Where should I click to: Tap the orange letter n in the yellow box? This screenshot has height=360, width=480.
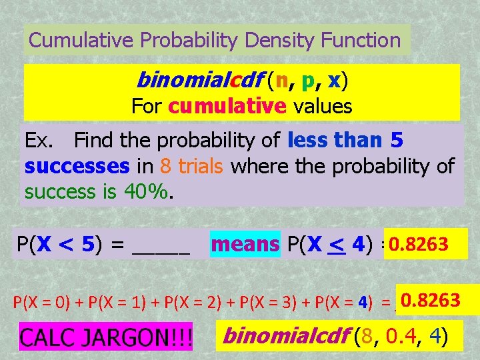283,81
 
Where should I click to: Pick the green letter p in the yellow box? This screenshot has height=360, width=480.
308,82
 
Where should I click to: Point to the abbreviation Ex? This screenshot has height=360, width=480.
39,141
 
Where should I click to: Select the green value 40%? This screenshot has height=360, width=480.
148,191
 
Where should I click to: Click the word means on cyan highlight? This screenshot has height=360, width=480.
245,245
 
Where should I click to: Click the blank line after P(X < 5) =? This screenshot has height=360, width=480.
161,247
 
